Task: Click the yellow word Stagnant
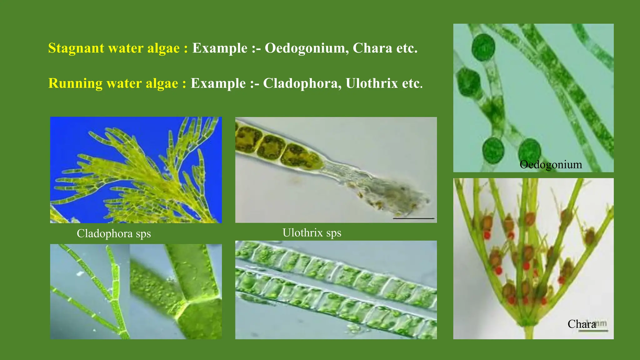pyautogui.click(x=76, y=48)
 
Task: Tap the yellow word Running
pyautogui.click(x=75, y=84)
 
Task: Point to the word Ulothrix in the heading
pyautogui.click(x=372, y=84)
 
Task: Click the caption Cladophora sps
pyautogui.click(x=114, y=234)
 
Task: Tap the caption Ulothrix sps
pyautogui.click(x=312, y=233)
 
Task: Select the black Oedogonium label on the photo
pyautogui.click(x=551, y=165)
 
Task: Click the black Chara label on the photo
pyautogui.click(x=582, y=324)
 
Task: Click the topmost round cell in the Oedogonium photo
pyautogui.click(x=483, y=47)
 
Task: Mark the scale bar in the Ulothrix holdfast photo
pyautogui.click(x=413, y=218)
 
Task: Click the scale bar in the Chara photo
pyautogui.click(x=593, y=330)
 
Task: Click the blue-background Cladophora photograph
pyautogui.click(x=136, y=170)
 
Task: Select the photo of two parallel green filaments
pyautogui.click(x=336, y=290)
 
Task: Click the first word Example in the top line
pyautogui.click(x=220, y=48)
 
